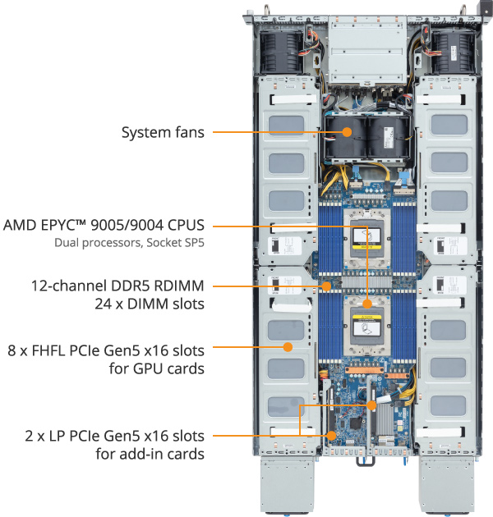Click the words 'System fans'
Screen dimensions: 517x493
pos(163,132)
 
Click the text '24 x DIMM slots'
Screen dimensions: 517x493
pos(152,304)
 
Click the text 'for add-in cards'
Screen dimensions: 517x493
pos(150,453)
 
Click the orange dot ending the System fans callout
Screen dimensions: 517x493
pos(345,132)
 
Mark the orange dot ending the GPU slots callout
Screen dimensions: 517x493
pos(288,350)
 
